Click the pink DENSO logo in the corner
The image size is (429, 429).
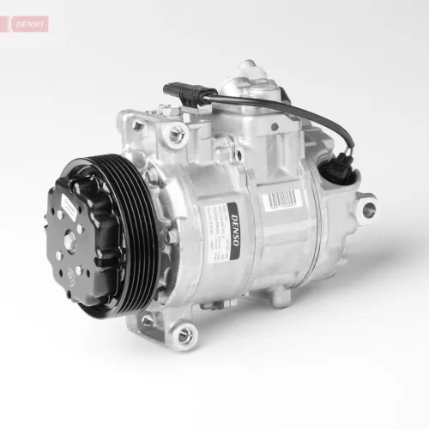pos(27,23)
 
